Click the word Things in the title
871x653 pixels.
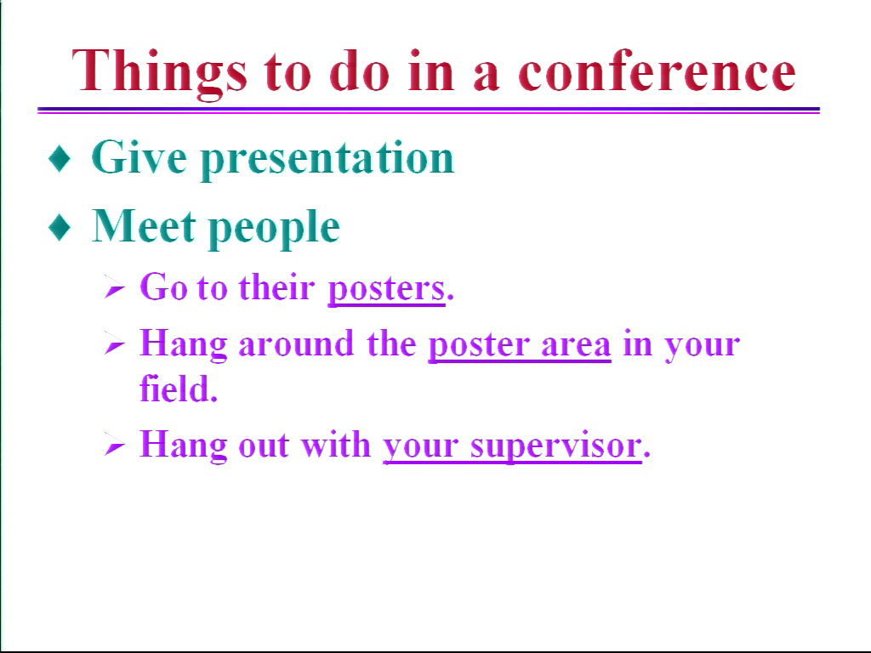(159, 72)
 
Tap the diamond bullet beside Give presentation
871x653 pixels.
(60, 158)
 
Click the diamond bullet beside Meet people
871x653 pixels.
(60, 227)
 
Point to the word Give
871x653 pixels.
(139, 157)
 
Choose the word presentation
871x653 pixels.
(327, 160)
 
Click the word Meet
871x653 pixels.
(144, 226)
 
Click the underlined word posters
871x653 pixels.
(387, 289)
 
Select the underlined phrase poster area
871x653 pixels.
(520, 345)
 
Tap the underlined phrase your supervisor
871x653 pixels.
(512, 446)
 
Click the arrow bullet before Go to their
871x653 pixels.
(115, 289)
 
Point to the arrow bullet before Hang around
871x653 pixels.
(115, 345)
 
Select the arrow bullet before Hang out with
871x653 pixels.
(115, 446)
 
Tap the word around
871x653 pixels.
(296, 344)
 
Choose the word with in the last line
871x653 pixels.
(335, 444)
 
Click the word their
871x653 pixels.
(276, 287)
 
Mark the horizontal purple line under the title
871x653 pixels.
(429, 111)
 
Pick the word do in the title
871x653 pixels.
(360, 71)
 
